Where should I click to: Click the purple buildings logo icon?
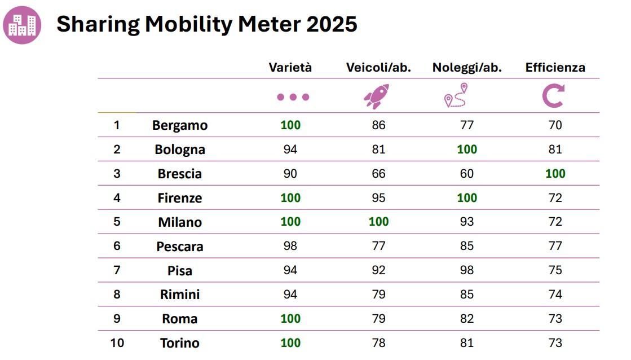coord(22,25)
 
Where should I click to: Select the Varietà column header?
coord(290,68)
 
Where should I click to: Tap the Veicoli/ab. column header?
coord(378,68)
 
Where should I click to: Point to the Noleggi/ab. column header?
coord(467,68)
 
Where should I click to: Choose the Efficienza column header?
coord(555,68)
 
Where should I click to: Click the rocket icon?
coord(376,96)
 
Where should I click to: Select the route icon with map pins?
coord(456,95)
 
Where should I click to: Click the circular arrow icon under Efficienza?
coord(553,96)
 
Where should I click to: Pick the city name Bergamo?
coord(180,125)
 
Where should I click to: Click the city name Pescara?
coord(180,247)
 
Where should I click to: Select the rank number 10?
coord(117,343)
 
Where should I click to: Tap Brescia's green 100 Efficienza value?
coord(555,173)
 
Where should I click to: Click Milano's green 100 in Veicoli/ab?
coord(378,222)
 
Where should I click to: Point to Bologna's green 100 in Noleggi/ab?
coord(467,150)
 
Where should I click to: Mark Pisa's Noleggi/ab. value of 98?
coord(467,270)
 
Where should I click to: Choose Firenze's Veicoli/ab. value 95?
coord(378,198)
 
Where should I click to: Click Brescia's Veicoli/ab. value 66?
coord(378,173)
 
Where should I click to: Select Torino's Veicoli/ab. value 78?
coord(378,343)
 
